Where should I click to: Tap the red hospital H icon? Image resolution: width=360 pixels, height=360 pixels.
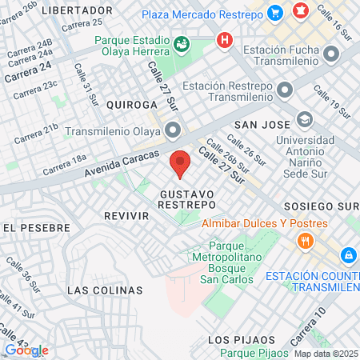click(x=225, y=38)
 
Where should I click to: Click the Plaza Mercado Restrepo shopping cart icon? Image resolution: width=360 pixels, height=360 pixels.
click(x=276, y=12)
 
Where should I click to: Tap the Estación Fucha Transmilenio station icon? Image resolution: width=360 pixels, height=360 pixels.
click(x=331, y=54)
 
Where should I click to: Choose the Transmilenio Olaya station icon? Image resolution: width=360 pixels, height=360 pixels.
click(x=173, y=130)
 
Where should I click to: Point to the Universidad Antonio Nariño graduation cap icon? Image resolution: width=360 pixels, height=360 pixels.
click(x=304, y=120)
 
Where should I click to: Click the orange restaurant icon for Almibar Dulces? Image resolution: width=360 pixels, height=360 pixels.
click(x=305, y=241)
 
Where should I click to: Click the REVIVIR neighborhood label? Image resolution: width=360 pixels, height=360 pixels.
click(x=126, y=216)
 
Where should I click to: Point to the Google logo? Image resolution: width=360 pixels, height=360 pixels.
click(x=26, y=350)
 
